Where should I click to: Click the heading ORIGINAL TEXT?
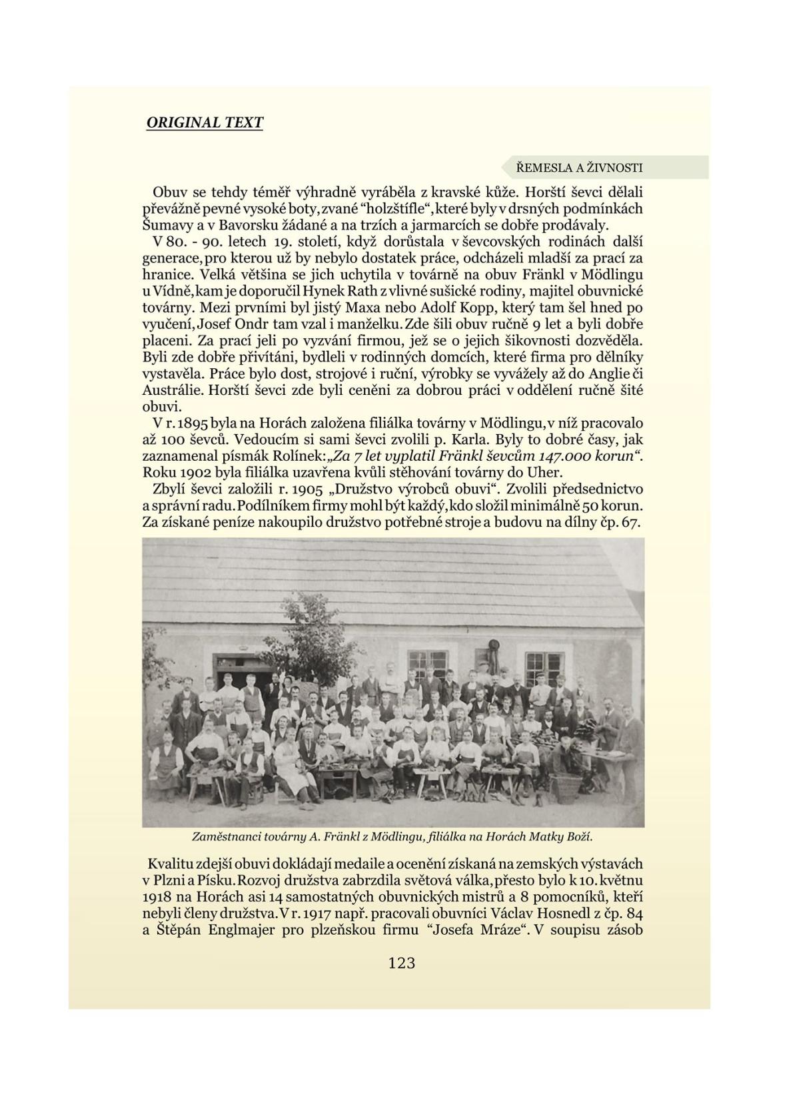pyautogui.click(x=205, y=123)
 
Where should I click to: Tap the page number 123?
pyautogui.click(x=401, y=962)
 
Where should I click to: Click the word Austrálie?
pyautogui.click(x=173, y=390)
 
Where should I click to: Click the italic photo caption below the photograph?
pyautogui.click(x=392, y=836)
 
